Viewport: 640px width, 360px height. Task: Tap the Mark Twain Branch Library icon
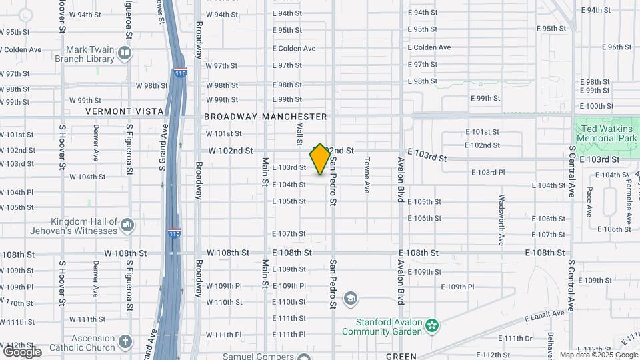click(125, 53)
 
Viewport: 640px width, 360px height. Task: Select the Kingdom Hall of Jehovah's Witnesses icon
click(127, 227)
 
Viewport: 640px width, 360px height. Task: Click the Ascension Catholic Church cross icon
click(125, 343)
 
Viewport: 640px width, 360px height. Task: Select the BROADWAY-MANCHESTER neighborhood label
click(265, 117)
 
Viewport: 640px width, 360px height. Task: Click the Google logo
click(21, 351)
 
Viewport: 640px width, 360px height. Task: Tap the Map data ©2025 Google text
click(598, 355)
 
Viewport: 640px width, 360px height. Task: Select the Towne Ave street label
click(367, 175)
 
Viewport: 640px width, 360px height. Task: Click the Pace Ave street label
click(589, 201)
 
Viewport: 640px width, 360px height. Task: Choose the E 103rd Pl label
click(488, 173)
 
